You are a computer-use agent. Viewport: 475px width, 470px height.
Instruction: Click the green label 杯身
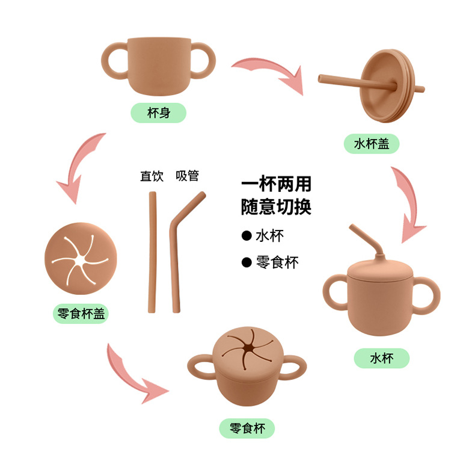point(159,113)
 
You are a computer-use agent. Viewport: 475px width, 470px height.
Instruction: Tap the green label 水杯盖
point(372,144)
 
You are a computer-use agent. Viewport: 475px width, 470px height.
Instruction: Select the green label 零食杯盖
point(81,314)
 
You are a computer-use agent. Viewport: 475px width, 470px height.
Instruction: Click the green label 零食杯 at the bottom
point(247,428)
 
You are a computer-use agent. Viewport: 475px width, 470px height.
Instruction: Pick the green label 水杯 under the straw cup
point(381,358)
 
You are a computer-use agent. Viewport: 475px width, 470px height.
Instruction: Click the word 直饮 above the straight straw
point(152,176)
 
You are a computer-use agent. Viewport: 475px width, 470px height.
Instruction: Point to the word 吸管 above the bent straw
point(187,176)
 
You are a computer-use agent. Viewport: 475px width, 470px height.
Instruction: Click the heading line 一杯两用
point(276,184)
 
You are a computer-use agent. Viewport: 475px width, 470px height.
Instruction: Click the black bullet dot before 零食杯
point(246,262)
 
